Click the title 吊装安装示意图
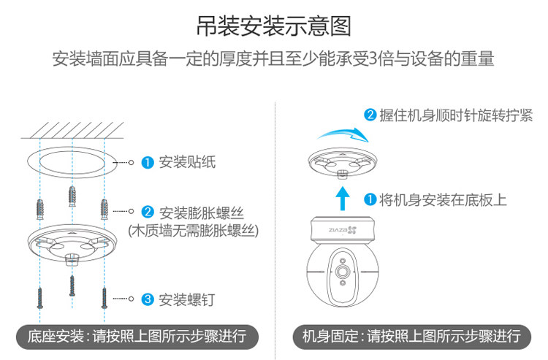(x=274, y=26)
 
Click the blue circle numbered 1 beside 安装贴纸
(x=147, y=162)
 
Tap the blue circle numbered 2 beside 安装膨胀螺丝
(x=147, y=212)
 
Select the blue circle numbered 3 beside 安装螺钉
(x=147, y=299)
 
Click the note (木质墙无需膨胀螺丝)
(x=194, y=230)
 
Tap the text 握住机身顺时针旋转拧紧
(x=456, y=116)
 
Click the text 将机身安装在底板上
(x=443, y=199)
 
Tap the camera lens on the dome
(x=341, y=271)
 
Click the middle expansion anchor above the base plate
(x=72, y=196)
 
